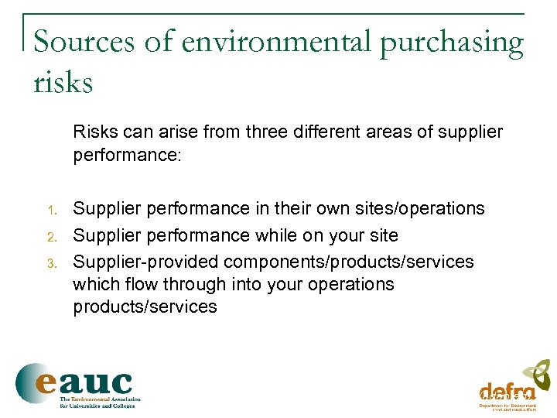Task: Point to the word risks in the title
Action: (63, 81)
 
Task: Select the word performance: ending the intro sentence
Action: (127, 155)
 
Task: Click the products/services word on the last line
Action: (145, 307)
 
